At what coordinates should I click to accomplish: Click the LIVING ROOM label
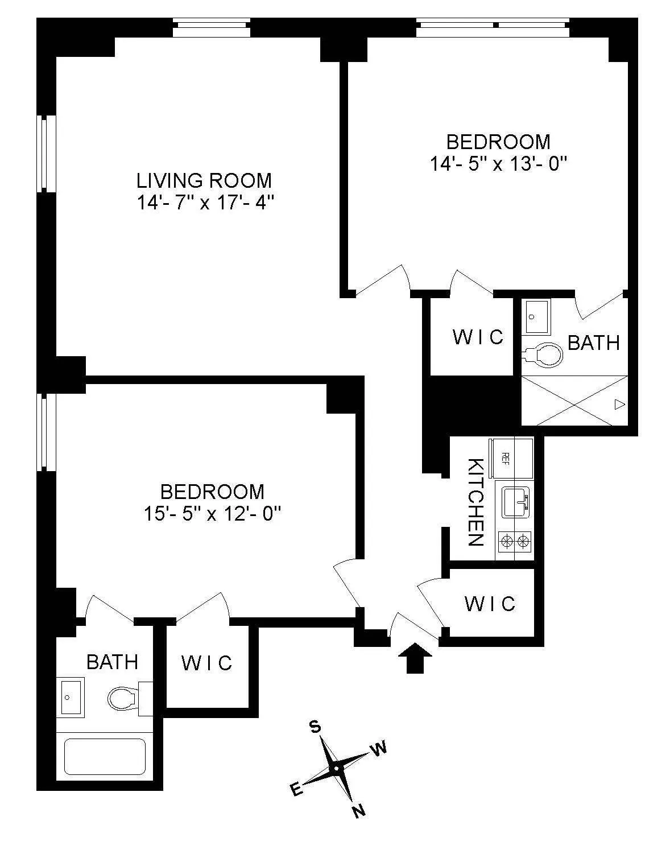pyautogui.click(x=204, y=180)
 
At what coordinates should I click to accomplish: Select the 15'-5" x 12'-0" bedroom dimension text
pyautogui.click(x=213, y=514)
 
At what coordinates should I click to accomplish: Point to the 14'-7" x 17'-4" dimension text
pyautogui.click(x=205, y=203)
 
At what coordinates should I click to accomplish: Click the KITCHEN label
pyautogui.click(x=475, y=502)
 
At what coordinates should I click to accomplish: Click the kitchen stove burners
pyautogui.click(x=515, y=541)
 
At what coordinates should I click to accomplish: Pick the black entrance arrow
pyautogui.click(x=415, y=658)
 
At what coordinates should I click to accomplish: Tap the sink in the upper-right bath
pyautogui.click(x=535, y=316)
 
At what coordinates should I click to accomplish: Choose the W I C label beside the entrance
pyautogui.click(x=490, y=603)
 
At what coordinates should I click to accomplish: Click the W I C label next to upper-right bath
pyautogui.click(x=478, y=337)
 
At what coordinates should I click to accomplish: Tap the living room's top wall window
pyautogui.click(x=211, y=28)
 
